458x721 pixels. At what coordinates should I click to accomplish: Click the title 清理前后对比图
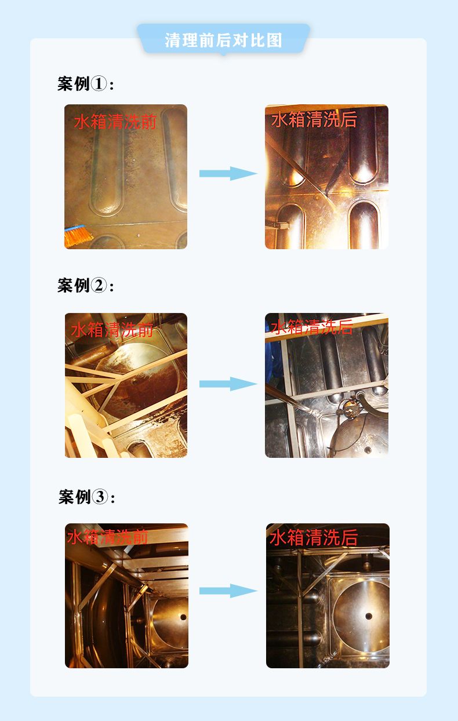point(223,40)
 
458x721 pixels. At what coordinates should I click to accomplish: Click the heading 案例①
point(86,83)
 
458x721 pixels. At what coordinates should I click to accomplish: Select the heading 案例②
point(86,285)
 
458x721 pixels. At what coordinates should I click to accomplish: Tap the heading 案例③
point(86,497)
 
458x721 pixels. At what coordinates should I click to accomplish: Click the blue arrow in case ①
point(228,173)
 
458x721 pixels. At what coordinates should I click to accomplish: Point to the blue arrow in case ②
point(228,384)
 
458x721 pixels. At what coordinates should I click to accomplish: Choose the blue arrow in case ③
point(228,591)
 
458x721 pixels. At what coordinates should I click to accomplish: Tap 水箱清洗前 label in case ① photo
point(115,122)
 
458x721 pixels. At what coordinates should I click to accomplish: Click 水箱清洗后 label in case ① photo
point(314,119)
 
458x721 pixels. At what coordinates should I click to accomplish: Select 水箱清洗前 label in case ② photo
point(112,330)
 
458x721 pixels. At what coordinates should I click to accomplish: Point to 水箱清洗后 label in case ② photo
point(311,327)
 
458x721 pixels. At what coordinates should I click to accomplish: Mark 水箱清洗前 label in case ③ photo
point(107,537)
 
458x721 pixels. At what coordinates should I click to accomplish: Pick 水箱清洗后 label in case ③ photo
point(314,537)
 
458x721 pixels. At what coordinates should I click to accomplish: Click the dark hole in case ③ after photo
point(369,617)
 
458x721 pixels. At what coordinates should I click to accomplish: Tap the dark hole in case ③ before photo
point(183,617)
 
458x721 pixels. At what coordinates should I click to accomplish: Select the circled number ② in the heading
point(99,285)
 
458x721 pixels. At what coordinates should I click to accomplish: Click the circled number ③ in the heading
point(100,497)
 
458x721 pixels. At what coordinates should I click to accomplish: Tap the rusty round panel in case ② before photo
point(141,380)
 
